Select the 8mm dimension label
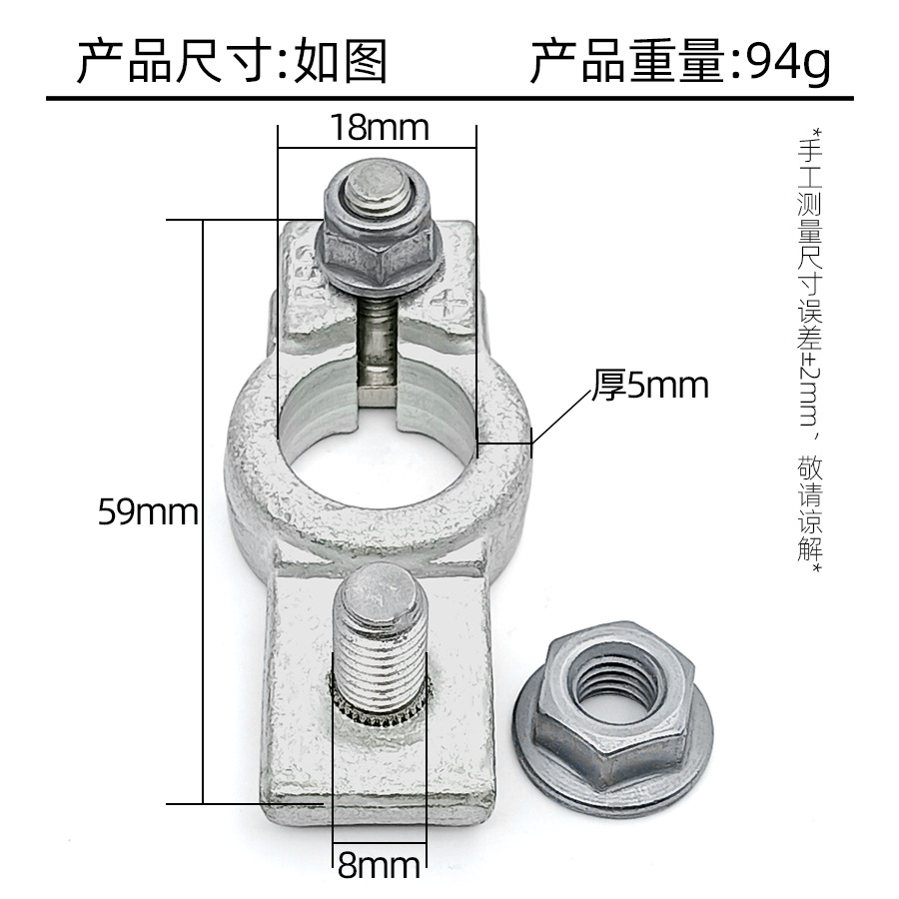[x=379, y=864]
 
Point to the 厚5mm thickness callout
[x=650, y=386]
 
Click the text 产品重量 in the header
[x=624, y=63]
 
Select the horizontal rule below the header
[x=449, y=98]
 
